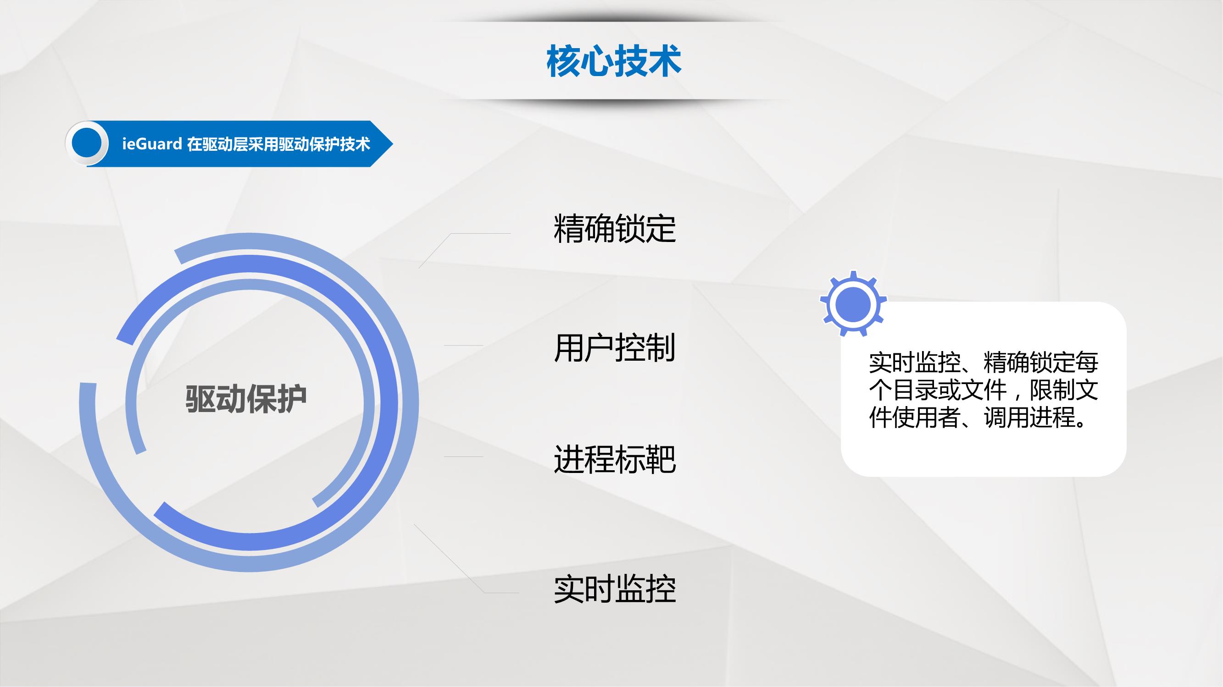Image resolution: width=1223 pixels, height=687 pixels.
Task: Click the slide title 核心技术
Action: tap(614, 61)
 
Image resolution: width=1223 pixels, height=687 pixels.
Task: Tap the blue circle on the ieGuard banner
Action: tap(87, 143)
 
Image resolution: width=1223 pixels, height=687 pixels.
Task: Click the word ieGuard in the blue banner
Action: tap(152, 144)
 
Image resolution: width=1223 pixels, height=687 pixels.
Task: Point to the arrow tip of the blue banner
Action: tap(393, 144)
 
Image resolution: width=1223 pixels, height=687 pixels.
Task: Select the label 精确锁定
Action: tap(615, 229)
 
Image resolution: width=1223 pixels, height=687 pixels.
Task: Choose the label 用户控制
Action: tap(615, 348)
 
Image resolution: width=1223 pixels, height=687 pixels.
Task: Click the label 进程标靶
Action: tap(615, 459)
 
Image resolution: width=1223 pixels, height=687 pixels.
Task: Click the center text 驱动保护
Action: tap(246, 399)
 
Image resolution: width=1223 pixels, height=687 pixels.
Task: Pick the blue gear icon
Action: tap(853, 304)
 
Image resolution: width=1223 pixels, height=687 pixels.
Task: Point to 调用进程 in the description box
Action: tap(1030, 418)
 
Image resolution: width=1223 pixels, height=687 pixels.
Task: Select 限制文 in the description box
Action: tap(1064, 390)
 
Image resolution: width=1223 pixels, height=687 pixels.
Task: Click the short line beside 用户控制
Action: tap(463, 346)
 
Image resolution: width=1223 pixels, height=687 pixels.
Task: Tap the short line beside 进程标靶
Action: tap(463, 456)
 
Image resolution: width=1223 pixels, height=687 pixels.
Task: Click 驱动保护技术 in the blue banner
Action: tap(324, 144)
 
